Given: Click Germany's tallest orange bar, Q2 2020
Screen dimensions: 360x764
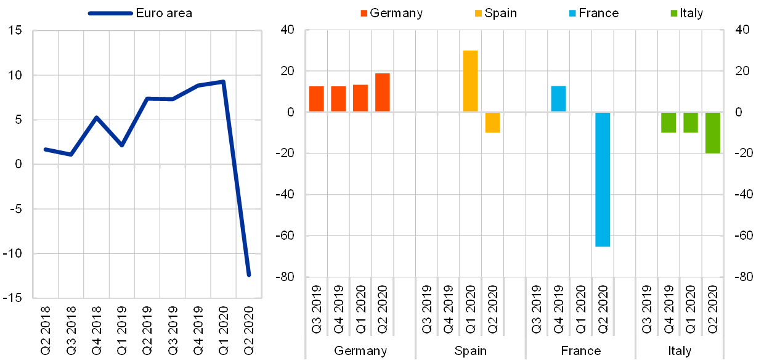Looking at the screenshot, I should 382,92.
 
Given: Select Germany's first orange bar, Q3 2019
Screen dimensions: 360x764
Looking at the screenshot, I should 316,99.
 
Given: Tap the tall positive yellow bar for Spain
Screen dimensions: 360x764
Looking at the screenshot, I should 470,81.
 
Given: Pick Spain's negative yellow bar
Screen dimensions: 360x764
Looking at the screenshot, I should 492,122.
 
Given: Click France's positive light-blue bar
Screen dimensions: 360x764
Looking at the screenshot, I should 558,99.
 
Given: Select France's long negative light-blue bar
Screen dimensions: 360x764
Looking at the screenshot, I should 603,179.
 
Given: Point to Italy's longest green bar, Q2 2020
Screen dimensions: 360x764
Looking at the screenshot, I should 712,133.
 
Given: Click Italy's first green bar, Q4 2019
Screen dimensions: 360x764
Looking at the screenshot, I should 668,122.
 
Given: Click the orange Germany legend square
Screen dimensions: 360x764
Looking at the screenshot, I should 364,13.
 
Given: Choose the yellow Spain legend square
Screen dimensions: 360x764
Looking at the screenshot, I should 479,13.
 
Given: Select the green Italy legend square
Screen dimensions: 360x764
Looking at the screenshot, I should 673,13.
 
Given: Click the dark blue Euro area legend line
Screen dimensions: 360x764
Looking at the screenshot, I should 110,13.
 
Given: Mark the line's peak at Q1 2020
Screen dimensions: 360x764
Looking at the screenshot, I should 223,81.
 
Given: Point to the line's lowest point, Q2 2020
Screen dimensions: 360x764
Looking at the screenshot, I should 249,275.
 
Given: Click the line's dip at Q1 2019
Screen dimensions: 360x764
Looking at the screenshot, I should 122,145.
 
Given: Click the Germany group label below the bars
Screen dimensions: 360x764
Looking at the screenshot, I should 360,351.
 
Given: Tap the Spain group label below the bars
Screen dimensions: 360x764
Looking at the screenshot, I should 470,351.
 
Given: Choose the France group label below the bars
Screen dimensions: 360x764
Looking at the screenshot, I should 580,351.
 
